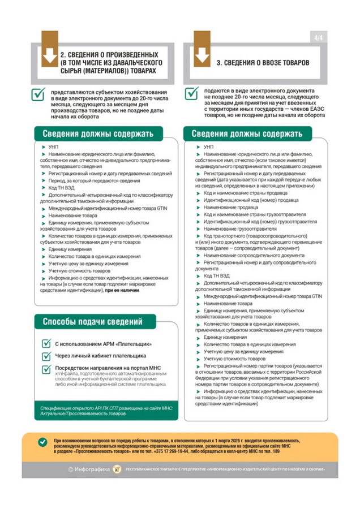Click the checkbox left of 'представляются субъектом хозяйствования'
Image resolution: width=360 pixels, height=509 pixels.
[38, 95]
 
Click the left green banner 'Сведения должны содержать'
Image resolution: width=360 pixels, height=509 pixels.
[95, 134]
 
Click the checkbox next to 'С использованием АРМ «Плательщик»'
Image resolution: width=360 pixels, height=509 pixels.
[48, 343]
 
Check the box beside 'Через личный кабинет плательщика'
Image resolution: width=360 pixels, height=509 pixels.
[48, 356]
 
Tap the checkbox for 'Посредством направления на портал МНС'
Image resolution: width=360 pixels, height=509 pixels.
[48, 369]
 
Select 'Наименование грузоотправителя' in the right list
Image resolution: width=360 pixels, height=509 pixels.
[236, 228]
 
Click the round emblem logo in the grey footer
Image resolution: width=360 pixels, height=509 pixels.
[118, 469]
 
